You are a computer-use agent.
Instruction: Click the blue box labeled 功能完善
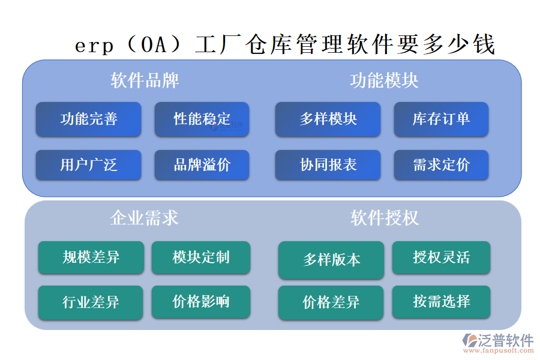[x=88, y=119]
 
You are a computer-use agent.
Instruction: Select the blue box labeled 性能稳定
[x=202, y=119]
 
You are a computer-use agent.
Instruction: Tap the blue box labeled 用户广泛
[x=88, y=165]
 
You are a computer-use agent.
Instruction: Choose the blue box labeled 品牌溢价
[x=202, y=165]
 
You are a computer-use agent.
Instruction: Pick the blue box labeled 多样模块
[x=328, y=119]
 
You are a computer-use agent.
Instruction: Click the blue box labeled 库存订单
[x=441, y=119]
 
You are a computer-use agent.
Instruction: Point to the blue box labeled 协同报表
[x=328, y=165]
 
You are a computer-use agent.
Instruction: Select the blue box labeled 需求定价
[x=441, y=165]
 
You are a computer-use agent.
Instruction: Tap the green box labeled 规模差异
[x=91, y=257]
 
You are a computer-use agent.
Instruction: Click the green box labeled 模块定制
[x=201, y=257]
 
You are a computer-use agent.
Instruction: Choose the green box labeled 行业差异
[x=91, y=302]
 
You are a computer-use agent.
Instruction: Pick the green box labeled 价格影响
[x=201, y=301]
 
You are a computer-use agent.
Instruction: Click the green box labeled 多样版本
[x=331, y=260]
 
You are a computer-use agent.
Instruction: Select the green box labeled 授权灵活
[x=441, y=257]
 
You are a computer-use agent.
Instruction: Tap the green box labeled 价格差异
[x=331, y=302]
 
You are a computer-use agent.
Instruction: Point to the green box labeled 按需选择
[x=441, y=301]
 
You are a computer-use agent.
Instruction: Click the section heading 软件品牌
[x=145, y=80]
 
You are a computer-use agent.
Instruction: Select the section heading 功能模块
[x=384, y=80]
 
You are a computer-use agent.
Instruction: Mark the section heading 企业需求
[x=145, y=217]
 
